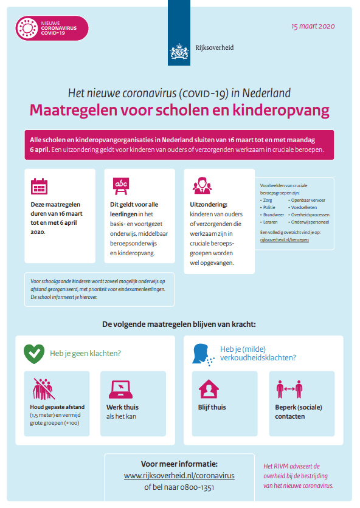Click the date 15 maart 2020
coord(313,26)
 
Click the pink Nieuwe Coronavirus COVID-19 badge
coord(51,28)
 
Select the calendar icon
coord(39,185)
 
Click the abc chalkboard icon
coord(121,185)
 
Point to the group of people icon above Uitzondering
coord(201,185)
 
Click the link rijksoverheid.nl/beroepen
coord(284,240)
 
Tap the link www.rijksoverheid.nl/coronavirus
coord(179,475)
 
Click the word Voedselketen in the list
coord(304,207)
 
